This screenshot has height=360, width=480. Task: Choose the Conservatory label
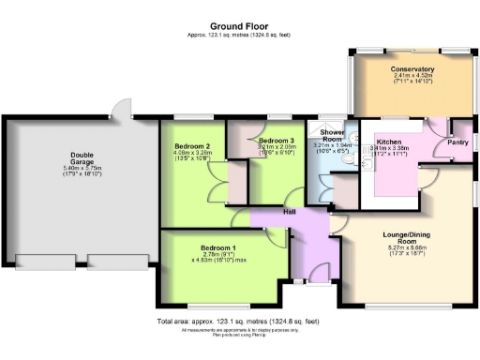coord(412,68)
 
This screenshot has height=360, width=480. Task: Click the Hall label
coord(292,212)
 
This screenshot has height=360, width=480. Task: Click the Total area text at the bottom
coord(240,322)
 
